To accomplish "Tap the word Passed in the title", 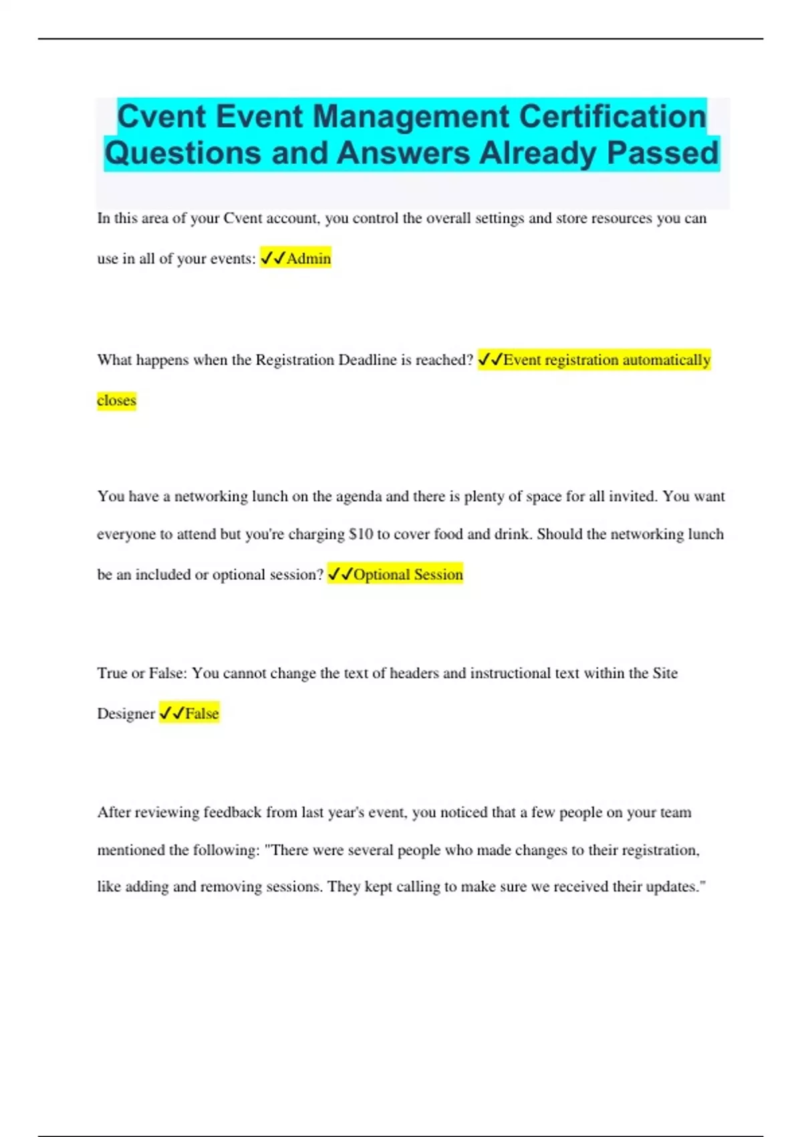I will [662, 152].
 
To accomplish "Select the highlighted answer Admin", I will [308, 258].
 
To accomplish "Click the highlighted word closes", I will [116, 401].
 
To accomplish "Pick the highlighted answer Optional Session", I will [408, 575].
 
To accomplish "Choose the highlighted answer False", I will [202, 714].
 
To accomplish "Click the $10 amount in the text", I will [361, 534].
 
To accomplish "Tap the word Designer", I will [126, 714].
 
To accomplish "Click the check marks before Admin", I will [273, 258].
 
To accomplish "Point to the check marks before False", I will [171, 714].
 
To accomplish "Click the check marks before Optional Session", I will [340, 575].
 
